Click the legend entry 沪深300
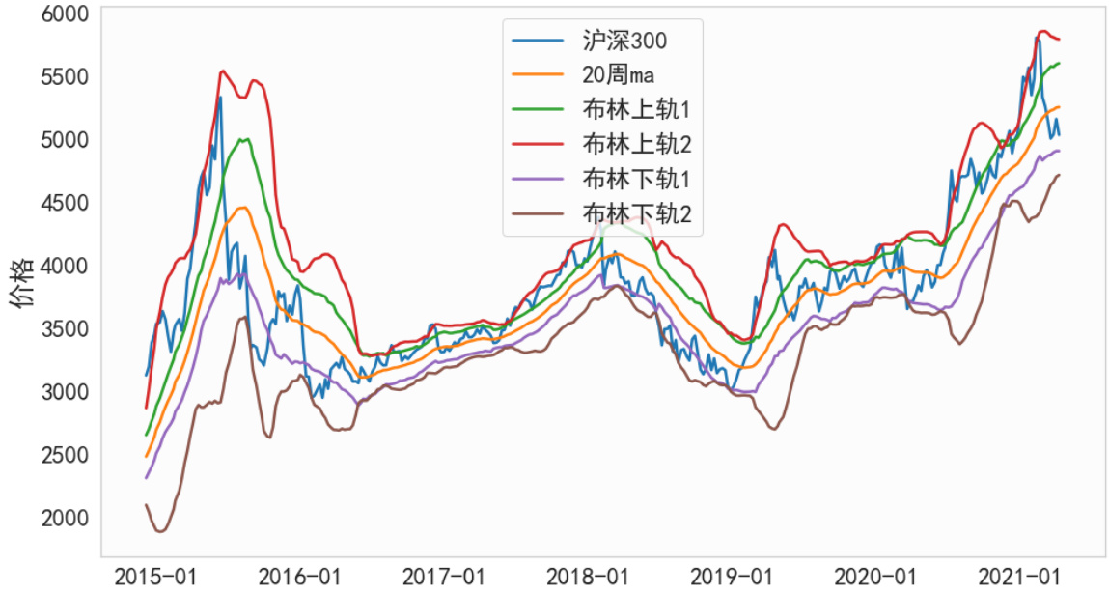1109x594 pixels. (624, 41)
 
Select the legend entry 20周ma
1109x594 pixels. (619, 75)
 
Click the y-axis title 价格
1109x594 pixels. (21, 283)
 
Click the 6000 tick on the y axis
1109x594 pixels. (65, 14)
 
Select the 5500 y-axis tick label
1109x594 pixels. (65, 76)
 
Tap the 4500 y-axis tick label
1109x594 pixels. (65, 203)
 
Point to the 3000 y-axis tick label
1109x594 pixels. (65, 392)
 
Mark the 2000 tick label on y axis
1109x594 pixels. (65, 519)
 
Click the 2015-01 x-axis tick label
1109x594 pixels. (154, 578)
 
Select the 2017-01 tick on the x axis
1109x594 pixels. (443, 578)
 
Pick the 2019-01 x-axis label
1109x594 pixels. (732, 578)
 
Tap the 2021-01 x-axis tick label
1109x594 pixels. (1020, 578)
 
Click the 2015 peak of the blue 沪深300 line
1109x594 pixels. (220, 97)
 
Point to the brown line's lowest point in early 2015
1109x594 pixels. (159, 531)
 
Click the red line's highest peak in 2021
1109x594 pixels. (1041, 32)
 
